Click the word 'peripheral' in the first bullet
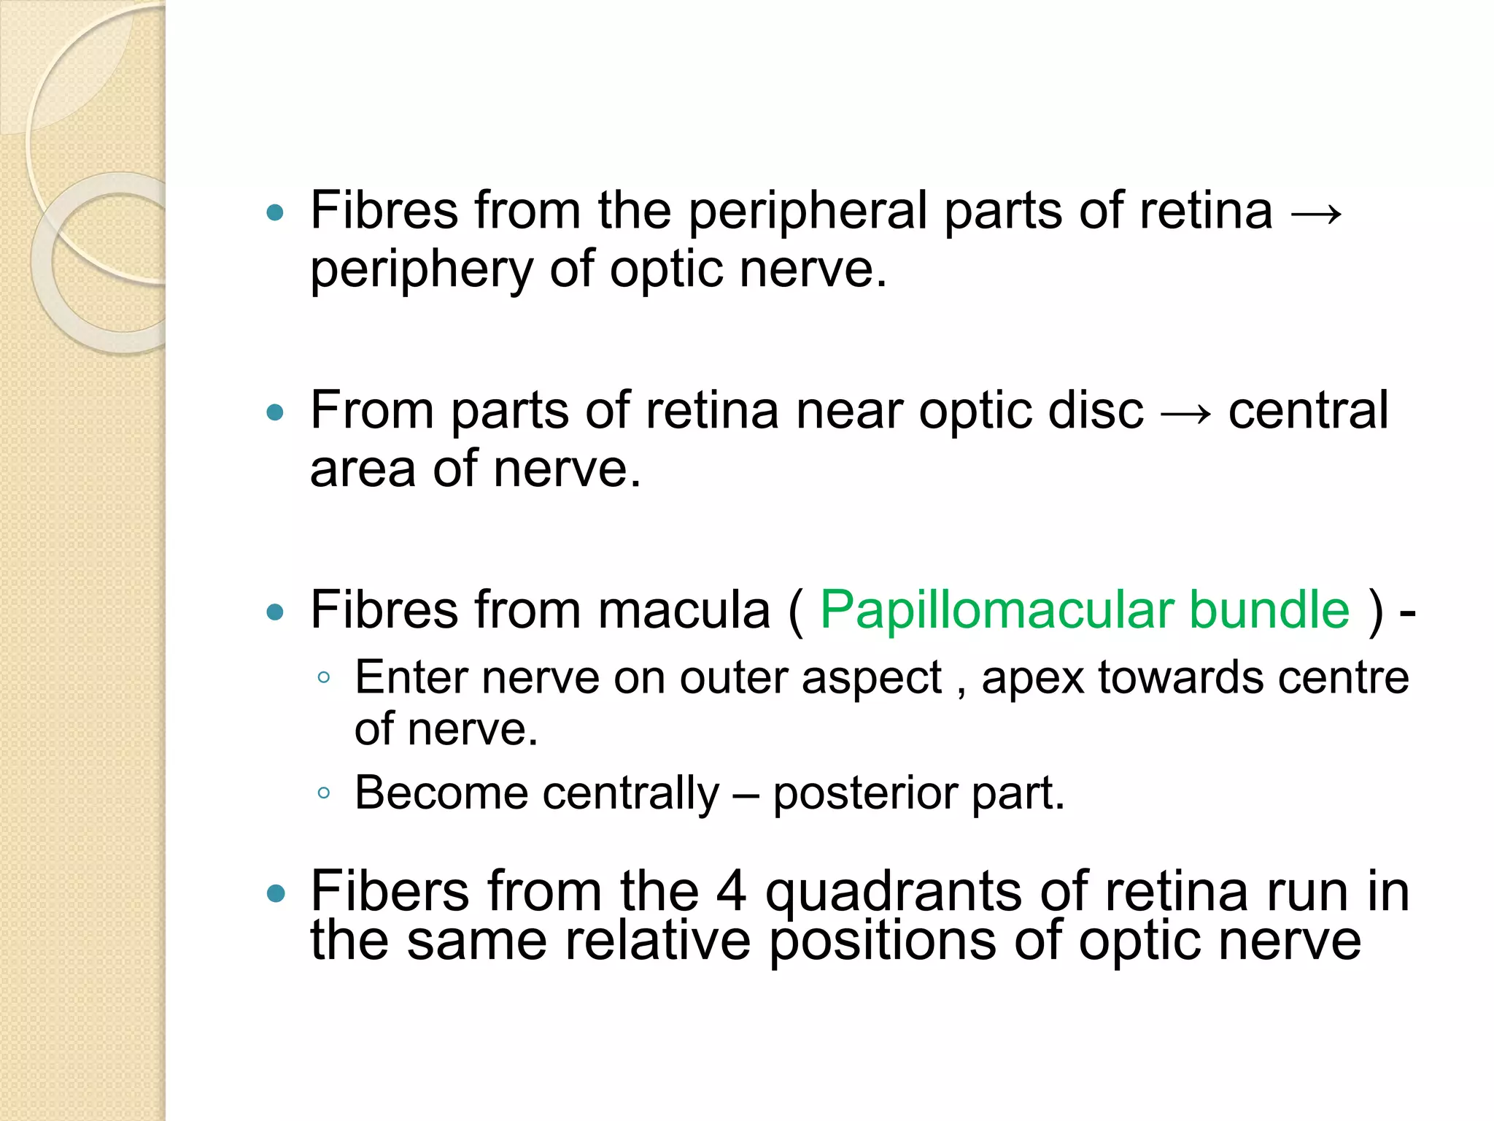coord(808,212)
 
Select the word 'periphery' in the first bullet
coord(422,271)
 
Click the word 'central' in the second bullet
coord(1308,410)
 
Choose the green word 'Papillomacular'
coord(996,610)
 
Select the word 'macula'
coord(684,610)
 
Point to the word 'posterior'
coord(864,794)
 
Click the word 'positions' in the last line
coord(883,941)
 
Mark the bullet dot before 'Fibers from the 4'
coord(275,893)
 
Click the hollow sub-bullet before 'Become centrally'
coord(324,793)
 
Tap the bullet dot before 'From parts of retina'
coord(275,413)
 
